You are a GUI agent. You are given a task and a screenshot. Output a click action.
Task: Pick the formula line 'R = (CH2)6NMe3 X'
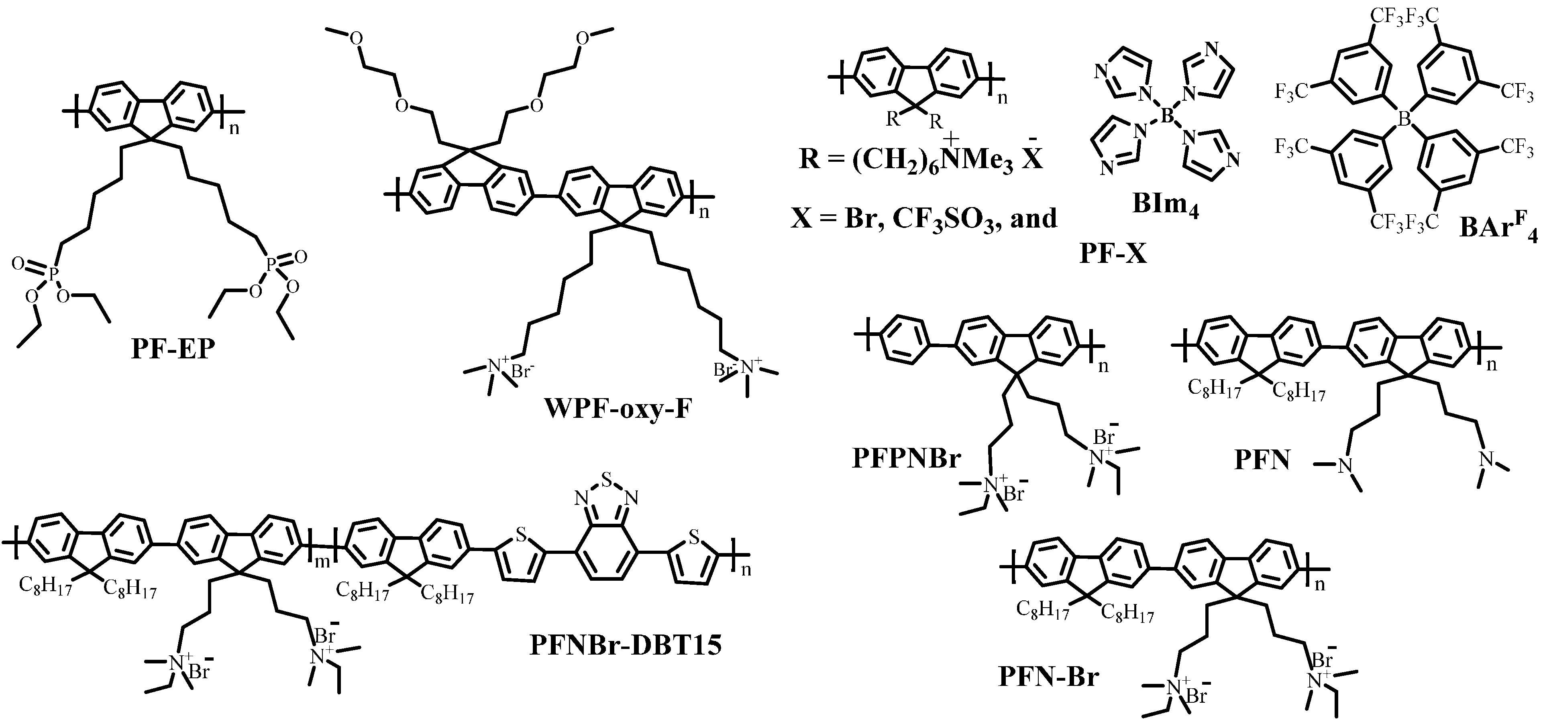(x=921, y=160)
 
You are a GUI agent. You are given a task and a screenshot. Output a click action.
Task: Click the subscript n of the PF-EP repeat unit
(x=234, y=128)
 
